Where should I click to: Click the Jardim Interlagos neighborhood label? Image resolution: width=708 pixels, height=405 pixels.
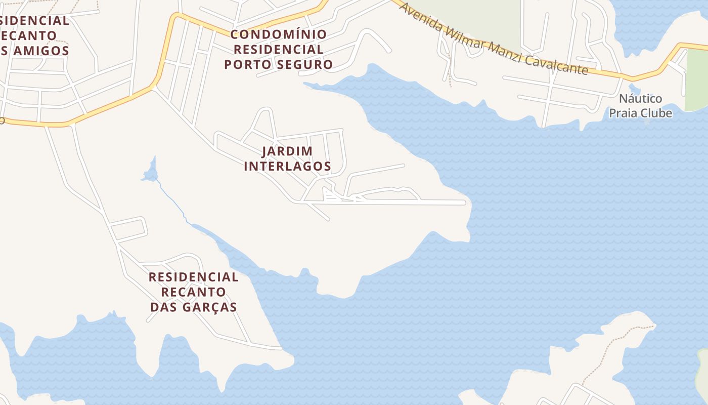pos(287,158)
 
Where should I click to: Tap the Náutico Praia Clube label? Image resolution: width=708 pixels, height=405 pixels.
pos(640,106)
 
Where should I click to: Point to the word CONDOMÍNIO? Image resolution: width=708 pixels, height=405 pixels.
pos(279,35)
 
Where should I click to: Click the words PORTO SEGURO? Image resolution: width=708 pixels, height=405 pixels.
pos(279,65)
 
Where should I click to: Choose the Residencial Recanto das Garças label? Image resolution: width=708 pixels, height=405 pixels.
pos(194,292)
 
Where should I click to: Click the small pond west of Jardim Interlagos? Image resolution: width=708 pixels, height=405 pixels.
pos(150,174)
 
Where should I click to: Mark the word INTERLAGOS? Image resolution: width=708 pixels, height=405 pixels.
pos(287,166)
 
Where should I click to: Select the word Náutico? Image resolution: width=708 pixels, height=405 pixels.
pos(640,99)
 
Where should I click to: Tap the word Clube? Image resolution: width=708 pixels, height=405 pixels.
pos(656,113)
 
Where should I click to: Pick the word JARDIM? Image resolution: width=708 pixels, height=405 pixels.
pos(287,151)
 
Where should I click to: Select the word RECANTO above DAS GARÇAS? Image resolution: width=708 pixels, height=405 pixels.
pos(194,292)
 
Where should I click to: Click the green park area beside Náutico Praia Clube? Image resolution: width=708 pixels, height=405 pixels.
pos(697,81)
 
